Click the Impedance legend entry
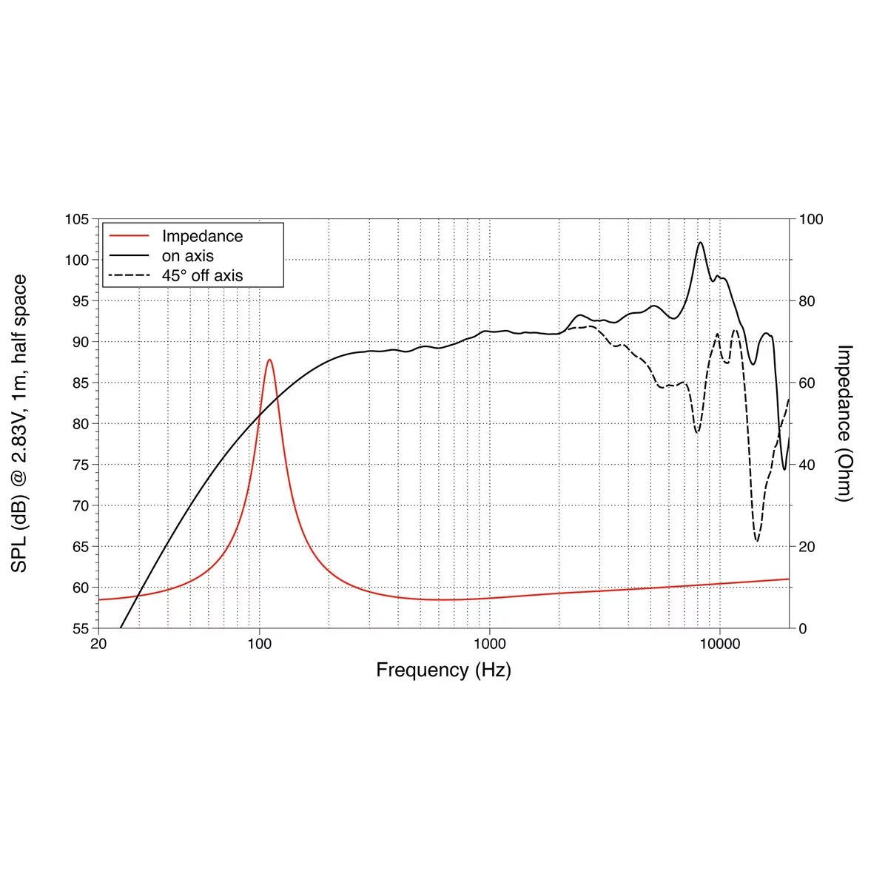point(202,236)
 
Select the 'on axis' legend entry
point(188,256)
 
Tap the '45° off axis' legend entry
point(202,276)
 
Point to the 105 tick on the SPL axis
point(77,220)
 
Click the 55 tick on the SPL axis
point(80,628)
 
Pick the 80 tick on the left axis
point(80,424)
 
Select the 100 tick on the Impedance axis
point(811,220)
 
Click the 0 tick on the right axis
point(803,628)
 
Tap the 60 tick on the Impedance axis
point(807,383)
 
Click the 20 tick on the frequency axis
point(98,644)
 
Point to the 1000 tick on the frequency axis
point(489,644)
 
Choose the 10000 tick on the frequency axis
point(719,644)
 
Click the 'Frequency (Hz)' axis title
point(443,670)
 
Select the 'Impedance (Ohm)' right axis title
point(844,423)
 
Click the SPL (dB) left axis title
point(20,423)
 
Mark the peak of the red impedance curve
point(269,360)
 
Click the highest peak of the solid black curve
point(700,242)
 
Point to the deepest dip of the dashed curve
point(756,541)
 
